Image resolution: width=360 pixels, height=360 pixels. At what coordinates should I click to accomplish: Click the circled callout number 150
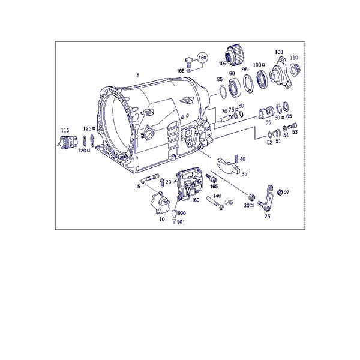click(x=202, y=58)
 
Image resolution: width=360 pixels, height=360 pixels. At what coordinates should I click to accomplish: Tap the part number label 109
click(x=223, y=64)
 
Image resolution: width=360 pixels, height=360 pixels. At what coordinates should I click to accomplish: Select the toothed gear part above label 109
click(x=235, y=55)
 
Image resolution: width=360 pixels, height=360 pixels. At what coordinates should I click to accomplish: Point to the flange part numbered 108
click(x=280, y=73)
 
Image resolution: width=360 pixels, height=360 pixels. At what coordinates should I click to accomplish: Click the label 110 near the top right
click(x=294, y=58)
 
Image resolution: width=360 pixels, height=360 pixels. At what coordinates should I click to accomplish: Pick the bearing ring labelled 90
click(x=235, y=87)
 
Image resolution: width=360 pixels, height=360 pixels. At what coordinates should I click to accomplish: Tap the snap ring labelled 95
click(x=248, y=84)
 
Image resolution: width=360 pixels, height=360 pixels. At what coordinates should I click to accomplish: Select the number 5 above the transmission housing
click(x=138, y=75)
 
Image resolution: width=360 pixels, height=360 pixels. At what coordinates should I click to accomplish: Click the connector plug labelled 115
click(x=67, y=142)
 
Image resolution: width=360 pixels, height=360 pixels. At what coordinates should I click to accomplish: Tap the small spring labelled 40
click(x=236, y=158)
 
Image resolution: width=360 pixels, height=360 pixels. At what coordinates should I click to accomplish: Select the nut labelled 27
click(x=280, y=192)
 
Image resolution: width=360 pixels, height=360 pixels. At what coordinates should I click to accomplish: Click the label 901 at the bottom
click(x=181, y=222)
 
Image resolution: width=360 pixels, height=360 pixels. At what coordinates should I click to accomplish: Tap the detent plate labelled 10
click(x=160, y=203)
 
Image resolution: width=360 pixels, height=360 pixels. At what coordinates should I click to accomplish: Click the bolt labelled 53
click(x=292, y=126)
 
